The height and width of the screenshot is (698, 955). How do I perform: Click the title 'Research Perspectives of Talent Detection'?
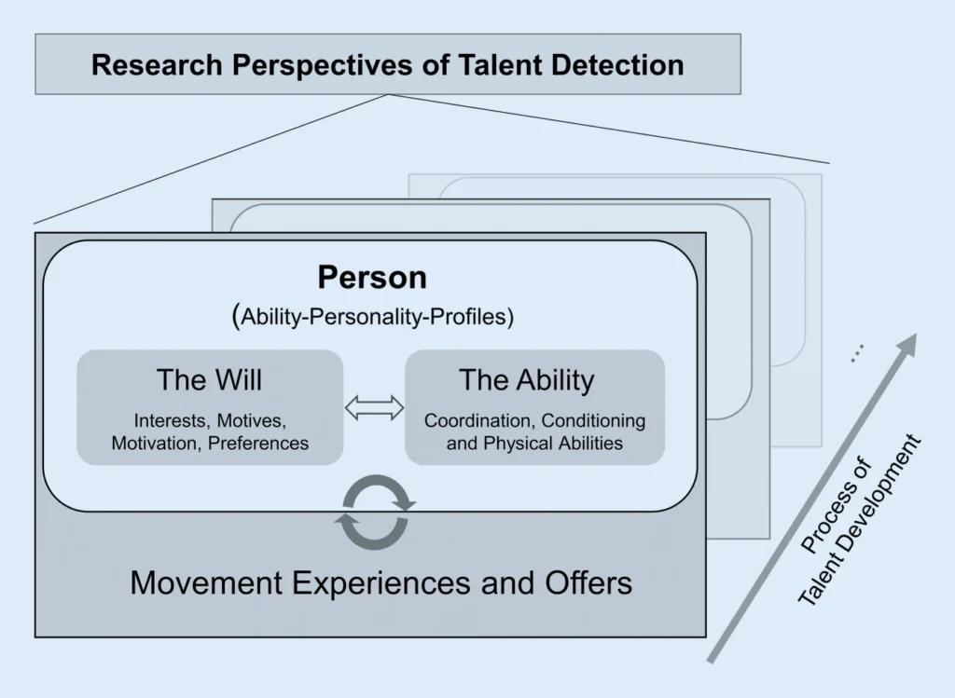coord(387,65)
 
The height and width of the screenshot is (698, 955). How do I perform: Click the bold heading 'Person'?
coord(371,277)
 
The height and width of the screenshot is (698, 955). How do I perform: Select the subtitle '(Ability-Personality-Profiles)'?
coord(372,316)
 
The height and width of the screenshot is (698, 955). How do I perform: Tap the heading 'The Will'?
coord(209,380)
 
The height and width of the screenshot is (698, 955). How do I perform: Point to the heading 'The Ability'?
coord(526,380)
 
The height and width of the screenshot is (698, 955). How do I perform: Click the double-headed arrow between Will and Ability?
coord(374,406)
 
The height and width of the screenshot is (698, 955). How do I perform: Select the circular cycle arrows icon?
coord(374,512)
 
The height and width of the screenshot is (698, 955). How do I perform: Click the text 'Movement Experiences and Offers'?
coord(381,583)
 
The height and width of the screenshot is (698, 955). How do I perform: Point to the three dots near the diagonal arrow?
coord(857,352)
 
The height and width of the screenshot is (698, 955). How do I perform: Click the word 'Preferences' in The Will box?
coord(258,444)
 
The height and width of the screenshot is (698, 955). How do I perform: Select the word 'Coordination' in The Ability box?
coord(478,420)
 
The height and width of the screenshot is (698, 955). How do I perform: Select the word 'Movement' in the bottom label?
coord(206,583)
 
